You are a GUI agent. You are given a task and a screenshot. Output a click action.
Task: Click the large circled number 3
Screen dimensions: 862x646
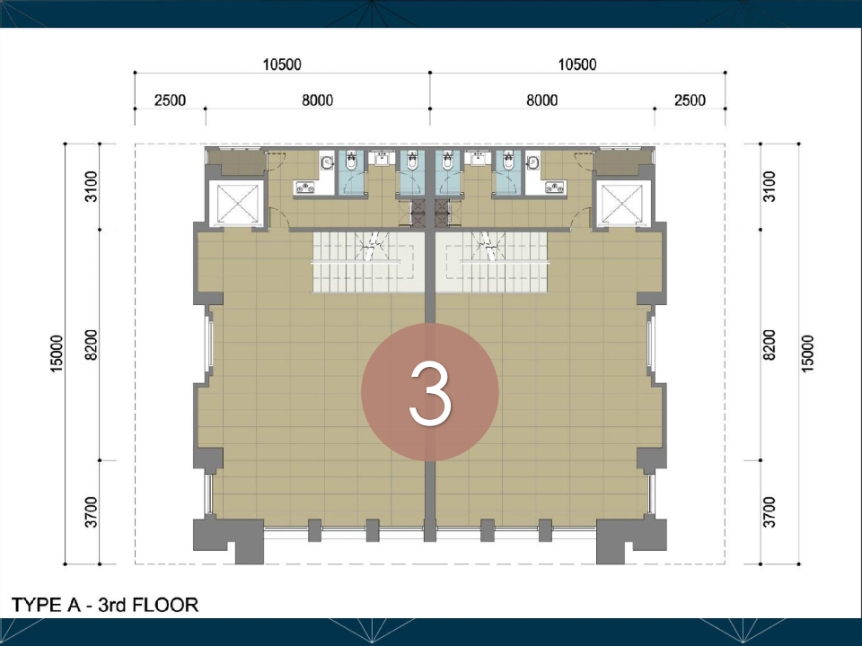coord(430,392)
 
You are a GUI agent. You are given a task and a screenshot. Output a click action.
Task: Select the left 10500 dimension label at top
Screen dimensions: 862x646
coord(281,65)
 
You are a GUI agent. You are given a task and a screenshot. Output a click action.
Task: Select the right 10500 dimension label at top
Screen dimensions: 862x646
coord(577,65)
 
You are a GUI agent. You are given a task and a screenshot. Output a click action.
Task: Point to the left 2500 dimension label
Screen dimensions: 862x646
coord(170,100)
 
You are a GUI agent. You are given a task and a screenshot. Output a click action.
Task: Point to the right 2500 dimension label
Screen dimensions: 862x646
coord(690,100)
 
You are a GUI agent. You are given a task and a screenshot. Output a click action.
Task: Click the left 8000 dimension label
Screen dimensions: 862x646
coord(317,100)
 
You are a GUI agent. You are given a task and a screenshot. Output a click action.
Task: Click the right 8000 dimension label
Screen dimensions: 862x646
coord(542,100)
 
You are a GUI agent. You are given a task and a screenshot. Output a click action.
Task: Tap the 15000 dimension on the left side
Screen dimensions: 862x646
coord(57,354)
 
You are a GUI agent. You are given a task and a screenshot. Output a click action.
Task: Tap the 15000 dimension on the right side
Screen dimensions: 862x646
coord(807,354)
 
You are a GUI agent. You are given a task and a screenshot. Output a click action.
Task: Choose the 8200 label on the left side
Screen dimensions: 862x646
coord(92,345)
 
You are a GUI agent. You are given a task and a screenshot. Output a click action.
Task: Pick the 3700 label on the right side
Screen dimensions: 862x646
coord(770,512)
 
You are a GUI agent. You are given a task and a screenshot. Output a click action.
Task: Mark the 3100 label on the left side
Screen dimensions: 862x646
coord(92,187)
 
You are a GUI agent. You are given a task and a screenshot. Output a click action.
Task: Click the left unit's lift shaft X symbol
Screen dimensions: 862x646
coord(237,204)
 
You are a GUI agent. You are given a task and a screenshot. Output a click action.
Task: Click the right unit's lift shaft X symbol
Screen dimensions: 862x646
coord(622,204)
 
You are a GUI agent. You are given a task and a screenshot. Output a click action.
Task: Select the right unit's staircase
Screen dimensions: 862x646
coord(493,262)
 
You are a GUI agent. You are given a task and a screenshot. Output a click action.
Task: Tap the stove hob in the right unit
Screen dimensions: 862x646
coord(554,188)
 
